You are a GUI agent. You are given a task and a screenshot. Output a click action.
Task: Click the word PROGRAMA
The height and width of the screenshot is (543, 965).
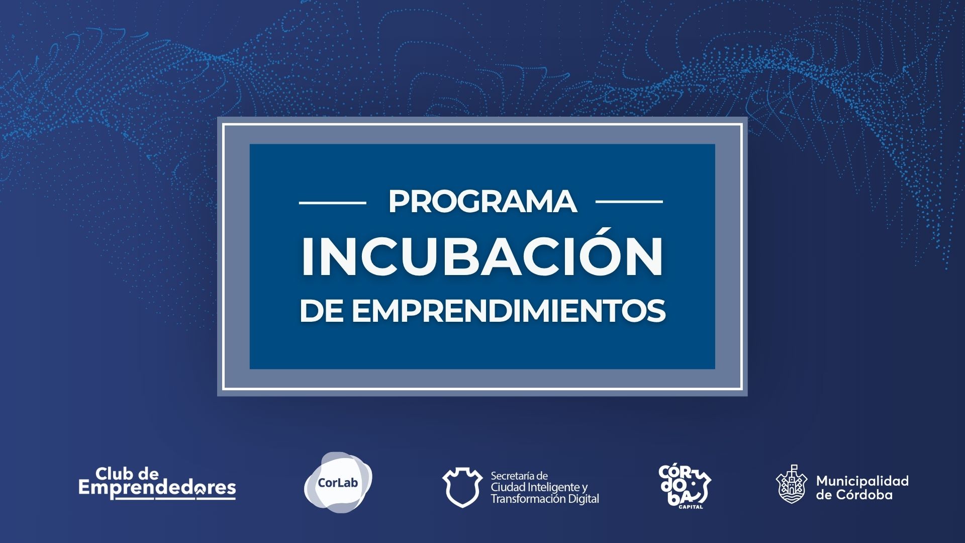coord(482,202)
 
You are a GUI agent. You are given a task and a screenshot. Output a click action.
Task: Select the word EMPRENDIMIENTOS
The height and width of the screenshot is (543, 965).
coord(509,311)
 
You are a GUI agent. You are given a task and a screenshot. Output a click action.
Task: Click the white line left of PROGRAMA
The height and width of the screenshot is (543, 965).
coord(333,202)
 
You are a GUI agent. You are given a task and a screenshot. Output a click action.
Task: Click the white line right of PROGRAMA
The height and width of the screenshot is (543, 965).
coord(629,202)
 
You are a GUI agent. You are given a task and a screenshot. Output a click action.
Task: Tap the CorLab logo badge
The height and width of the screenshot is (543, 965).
coord(338,483)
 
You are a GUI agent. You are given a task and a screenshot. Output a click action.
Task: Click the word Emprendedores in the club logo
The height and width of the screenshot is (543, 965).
coord(157,488)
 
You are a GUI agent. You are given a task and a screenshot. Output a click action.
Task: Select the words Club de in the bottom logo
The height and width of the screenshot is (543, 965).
coord(127,473)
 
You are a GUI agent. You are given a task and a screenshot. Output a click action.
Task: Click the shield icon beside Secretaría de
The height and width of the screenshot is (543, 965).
coord(462,487)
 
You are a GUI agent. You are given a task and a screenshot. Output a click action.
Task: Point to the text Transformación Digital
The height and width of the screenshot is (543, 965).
coord(545,499)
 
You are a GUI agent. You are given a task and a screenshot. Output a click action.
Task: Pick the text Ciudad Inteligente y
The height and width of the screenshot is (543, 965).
coord(539,487)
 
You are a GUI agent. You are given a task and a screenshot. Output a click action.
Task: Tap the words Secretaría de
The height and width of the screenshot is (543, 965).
coord(519,476)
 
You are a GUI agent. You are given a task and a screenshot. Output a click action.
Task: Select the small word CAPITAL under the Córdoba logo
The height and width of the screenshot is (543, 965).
coord(691,507)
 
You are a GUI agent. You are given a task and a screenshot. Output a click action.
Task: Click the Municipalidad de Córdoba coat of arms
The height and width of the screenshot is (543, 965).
coord(792,484)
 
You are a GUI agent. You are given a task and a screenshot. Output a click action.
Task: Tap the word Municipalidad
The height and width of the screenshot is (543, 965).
coord(862,481)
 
